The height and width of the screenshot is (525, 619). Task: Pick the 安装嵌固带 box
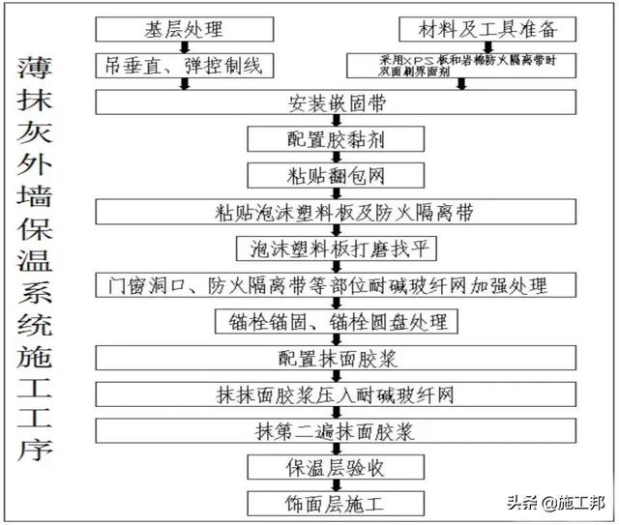click(329, 102)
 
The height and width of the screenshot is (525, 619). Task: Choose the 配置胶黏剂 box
click(330, 138)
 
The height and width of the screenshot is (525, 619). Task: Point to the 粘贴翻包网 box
click(330, 175)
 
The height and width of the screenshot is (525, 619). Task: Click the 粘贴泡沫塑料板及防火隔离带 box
click(329, 212)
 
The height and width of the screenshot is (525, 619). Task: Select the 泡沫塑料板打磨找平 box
click(330, 248)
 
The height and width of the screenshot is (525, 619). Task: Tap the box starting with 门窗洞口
click(329, 285)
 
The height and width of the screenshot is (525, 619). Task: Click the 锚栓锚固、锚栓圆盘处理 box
click(330, 322)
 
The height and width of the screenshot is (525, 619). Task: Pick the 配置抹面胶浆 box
click(329, 359)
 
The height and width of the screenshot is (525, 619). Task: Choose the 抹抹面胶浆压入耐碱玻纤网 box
click(329, 395)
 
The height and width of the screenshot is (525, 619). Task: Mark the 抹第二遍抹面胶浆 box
click(329, 431)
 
